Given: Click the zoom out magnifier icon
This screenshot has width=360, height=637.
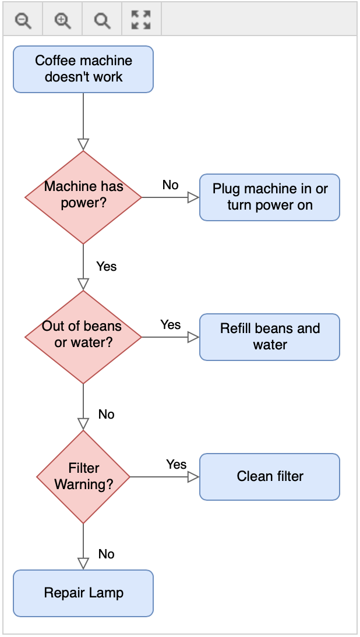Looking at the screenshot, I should pos(23,21).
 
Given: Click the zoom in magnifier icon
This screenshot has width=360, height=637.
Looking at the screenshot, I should pos(62,21).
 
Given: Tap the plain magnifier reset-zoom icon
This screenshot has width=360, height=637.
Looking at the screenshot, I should pos(102,21).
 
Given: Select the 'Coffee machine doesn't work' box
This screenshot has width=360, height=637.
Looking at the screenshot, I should pos(83,69).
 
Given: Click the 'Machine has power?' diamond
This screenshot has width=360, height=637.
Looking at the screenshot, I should pos(83,197).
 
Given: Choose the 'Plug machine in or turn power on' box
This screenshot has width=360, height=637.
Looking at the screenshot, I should pos(269,197).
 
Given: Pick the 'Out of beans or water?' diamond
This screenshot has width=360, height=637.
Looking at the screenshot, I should pos(83,337).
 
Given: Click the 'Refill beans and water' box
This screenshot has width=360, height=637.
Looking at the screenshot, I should pos(269,337).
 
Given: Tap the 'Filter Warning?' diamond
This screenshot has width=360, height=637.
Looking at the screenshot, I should pos(83,476).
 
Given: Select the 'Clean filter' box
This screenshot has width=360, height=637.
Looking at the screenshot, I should pos(269,477).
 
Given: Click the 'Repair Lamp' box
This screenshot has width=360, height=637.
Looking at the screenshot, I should pos(83,593).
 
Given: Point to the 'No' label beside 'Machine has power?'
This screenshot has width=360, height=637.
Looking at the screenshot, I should pos(170,185).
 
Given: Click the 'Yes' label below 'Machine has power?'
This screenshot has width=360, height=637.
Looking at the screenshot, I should pos(107,267).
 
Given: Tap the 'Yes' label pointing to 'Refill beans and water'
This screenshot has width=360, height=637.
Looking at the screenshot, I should pos(171,325).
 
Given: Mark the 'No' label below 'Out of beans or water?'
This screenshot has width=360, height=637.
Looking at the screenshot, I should pos(107,415).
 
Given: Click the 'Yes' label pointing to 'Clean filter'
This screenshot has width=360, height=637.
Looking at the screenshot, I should pos(176,465).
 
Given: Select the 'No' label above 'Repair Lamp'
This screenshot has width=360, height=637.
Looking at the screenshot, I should pos(107,554).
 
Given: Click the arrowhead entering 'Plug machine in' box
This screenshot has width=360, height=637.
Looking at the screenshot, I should pos(193,197).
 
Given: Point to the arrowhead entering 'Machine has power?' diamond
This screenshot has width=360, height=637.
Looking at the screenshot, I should pos(83,144).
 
